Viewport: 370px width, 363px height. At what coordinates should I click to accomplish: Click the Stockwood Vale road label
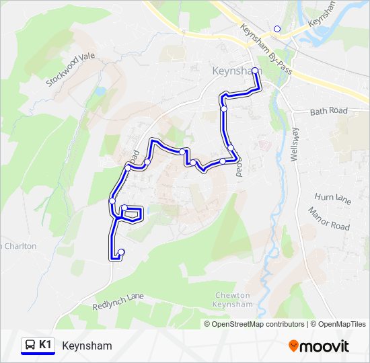coord(71,69)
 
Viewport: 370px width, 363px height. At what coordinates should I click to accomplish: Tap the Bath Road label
coord(329,111)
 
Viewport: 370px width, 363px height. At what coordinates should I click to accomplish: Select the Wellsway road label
coord(294,144)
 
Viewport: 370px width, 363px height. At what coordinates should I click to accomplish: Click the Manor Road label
coord(329,218)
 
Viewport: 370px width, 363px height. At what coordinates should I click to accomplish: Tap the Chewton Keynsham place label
coord(233,300)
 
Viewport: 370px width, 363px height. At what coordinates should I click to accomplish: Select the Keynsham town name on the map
coord(235,71)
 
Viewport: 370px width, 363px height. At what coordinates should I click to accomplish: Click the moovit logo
coord(319,346)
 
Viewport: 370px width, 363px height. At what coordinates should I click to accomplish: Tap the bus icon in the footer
coord(30,346)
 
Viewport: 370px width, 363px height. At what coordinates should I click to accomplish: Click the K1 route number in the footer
coord(46,345)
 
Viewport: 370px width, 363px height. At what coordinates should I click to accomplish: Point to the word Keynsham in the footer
coord(87,346)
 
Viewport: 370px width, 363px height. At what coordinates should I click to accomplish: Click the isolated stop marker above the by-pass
coord(276,29)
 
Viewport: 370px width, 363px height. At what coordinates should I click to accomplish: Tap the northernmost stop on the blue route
coord(255,70)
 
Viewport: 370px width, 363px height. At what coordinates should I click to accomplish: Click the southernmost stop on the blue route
coord(121,252)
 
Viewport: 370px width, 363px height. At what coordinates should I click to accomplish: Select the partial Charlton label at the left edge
coord(18,246)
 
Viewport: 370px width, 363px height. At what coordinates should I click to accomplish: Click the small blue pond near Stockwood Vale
coord(100,91)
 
